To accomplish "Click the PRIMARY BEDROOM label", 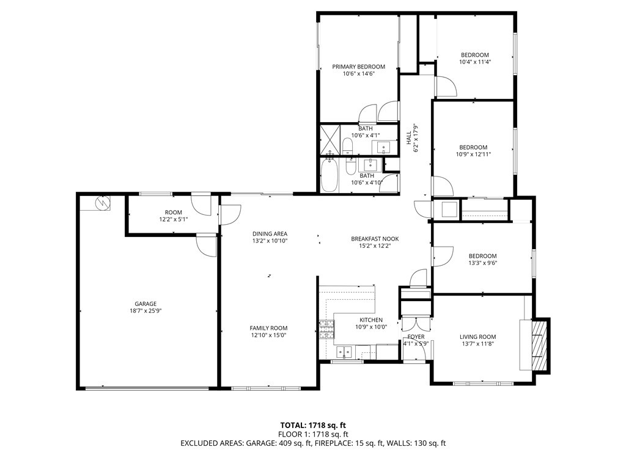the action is (x=358, y=67).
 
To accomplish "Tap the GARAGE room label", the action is (x=145, y=304).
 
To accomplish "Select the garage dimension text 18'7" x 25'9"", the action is (x=145, y=311).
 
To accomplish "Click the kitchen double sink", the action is (x=345, y=352).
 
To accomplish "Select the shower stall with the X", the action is (x=330, y=139).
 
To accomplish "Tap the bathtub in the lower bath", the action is (x=330, y=176).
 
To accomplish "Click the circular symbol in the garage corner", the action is (x=102, y=203).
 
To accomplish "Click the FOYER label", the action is (x=416, y=337).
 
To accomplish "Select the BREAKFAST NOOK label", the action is (x=375, y=239).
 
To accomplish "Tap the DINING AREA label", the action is (x=270, y=234).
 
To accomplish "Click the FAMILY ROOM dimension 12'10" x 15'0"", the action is (x=268, y=335).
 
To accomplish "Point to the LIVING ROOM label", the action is (x=478, y=336).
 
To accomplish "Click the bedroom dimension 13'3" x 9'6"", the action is (x=483, y=263).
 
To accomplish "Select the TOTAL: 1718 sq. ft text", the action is (x=310, y=425).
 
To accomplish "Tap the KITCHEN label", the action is (x=371, y=320).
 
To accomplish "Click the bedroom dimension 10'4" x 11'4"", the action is (x=474, y=62).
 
